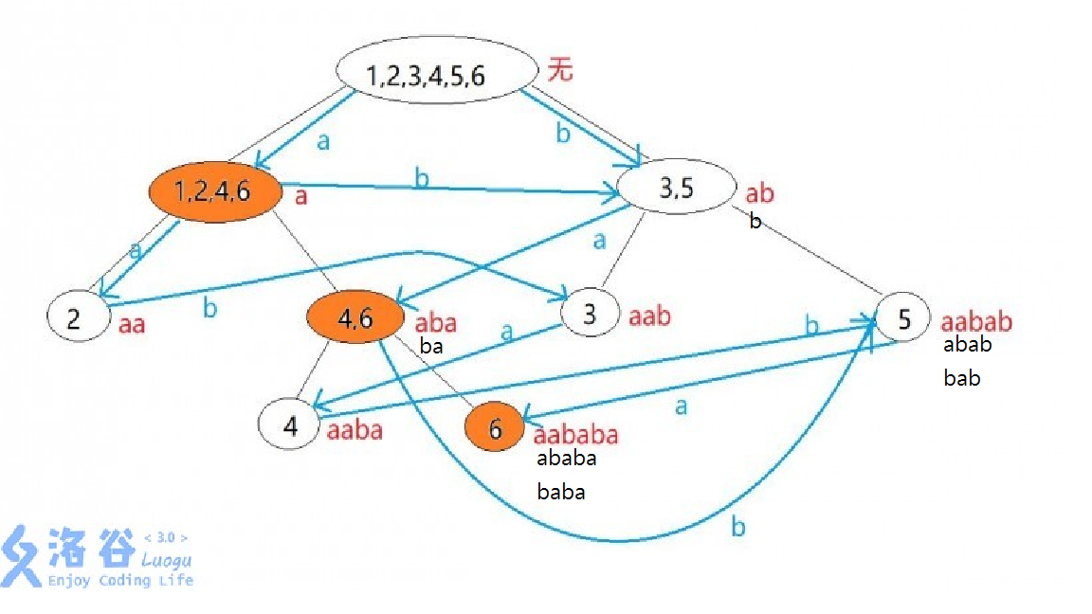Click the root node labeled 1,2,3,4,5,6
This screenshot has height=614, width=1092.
point(432,76)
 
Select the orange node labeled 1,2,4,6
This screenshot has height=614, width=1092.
point(216,191)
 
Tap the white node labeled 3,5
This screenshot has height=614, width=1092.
point(676,188)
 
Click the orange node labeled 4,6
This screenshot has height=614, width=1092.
point(356,319)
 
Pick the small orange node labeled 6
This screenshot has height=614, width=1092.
point(495,428)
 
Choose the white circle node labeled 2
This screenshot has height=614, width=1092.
point(76,318)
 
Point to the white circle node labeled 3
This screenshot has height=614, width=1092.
point(590,314)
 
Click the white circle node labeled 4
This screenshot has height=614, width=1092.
point(290,425)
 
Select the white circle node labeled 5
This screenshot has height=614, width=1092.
point(903,319)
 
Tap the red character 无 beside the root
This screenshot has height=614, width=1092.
point(560,70)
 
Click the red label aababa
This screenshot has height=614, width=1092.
point(575,435)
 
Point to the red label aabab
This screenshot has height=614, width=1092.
point(976,322)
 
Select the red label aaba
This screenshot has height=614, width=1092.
point(355,431)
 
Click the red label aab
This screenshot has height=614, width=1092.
point(649,316)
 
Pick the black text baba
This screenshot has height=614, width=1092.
point(560,492)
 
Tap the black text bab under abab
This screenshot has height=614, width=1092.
point(961,378)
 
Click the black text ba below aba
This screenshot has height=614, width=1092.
point(431,347)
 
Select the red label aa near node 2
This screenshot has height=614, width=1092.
point(132,325)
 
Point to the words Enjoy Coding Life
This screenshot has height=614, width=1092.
point(120,580)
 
